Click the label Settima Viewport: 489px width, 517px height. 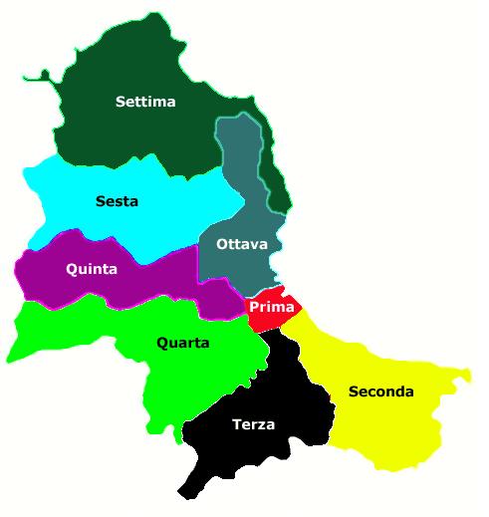pyautogui.click(x=145, y=101)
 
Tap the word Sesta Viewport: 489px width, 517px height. pyautogui.click(x=117, y=201)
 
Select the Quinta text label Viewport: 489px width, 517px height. pyautogui.click(x=91, y=269)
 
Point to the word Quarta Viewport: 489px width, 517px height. pyautogui.click(x=182, y=343)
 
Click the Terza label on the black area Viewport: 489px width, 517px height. pyautogui.click(x=253, y=424)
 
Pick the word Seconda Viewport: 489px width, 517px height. pyautogui.click(x=380, y=391)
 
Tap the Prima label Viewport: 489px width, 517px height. pyautogui.click(x=271, y=307)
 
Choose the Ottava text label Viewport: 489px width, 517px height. pyautogui.click(x=242, y=245)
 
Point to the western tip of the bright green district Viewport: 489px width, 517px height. pyautogui.click(x=12, y=354)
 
